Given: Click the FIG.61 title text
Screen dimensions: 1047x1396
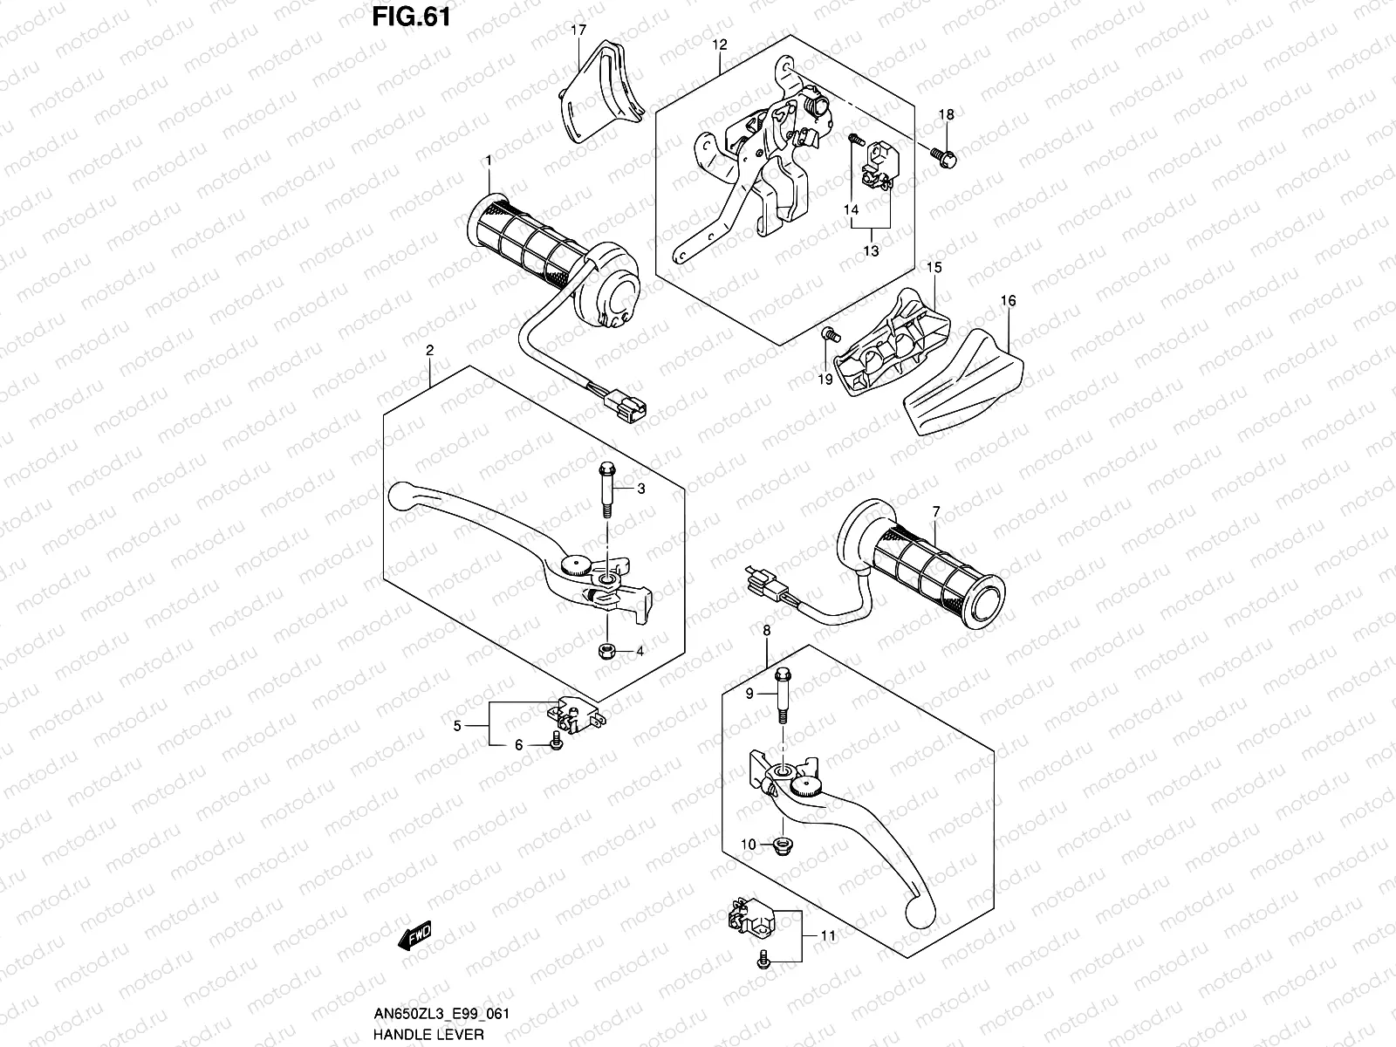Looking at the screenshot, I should point(410,17).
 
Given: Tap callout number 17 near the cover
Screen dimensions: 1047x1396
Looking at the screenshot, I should point(578,31).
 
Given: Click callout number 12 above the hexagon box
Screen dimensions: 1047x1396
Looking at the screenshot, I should point(719,44).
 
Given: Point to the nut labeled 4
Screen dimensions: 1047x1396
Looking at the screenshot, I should point(605,651).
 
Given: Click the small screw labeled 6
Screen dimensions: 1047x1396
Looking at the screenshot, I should point(556,742).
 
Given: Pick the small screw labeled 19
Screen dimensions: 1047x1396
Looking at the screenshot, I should point(829,332).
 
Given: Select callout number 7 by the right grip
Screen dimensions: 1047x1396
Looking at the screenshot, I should point(935,510).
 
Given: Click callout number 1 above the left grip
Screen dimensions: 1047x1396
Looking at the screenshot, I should point(489,161).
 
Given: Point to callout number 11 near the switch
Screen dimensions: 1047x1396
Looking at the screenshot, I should point(828,935).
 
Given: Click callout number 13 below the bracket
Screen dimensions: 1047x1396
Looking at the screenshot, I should point(871,250).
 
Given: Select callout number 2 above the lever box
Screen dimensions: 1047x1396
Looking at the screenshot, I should point(430,350).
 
